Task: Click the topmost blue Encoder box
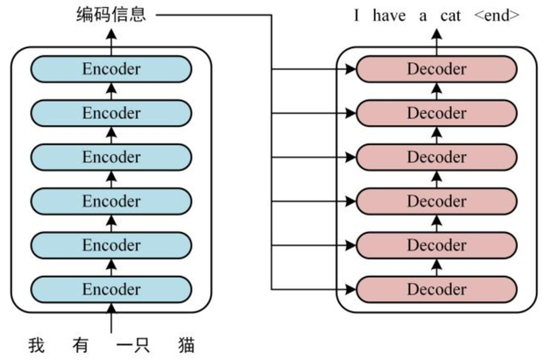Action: click(111, 69)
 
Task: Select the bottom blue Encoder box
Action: click(111, 289)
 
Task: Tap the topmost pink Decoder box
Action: click(437, 69)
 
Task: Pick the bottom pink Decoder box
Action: click(437, 289)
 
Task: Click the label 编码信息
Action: click(111, 15)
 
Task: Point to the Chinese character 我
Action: click(37, 345)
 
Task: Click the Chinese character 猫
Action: click(187, 345)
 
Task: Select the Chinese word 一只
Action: click(133, 345)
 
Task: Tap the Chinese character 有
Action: click(81, 345)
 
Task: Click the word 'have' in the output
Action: click(389, 16)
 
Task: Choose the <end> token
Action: click(497, 16)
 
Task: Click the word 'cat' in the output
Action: click(450, 16)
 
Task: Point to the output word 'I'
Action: click(357, 16)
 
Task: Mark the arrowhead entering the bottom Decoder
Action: click(350, 289)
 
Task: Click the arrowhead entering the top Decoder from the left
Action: click(350, 69)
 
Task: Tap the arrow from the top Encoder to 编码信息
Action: click(111, 42)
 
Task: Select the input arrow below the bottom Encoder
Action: click(111, 318)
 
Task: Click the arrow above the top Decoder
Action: click(437, 42)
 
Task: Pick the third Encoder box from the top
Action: click(111, 157)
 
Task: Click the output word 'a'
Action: click(422, 17)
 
